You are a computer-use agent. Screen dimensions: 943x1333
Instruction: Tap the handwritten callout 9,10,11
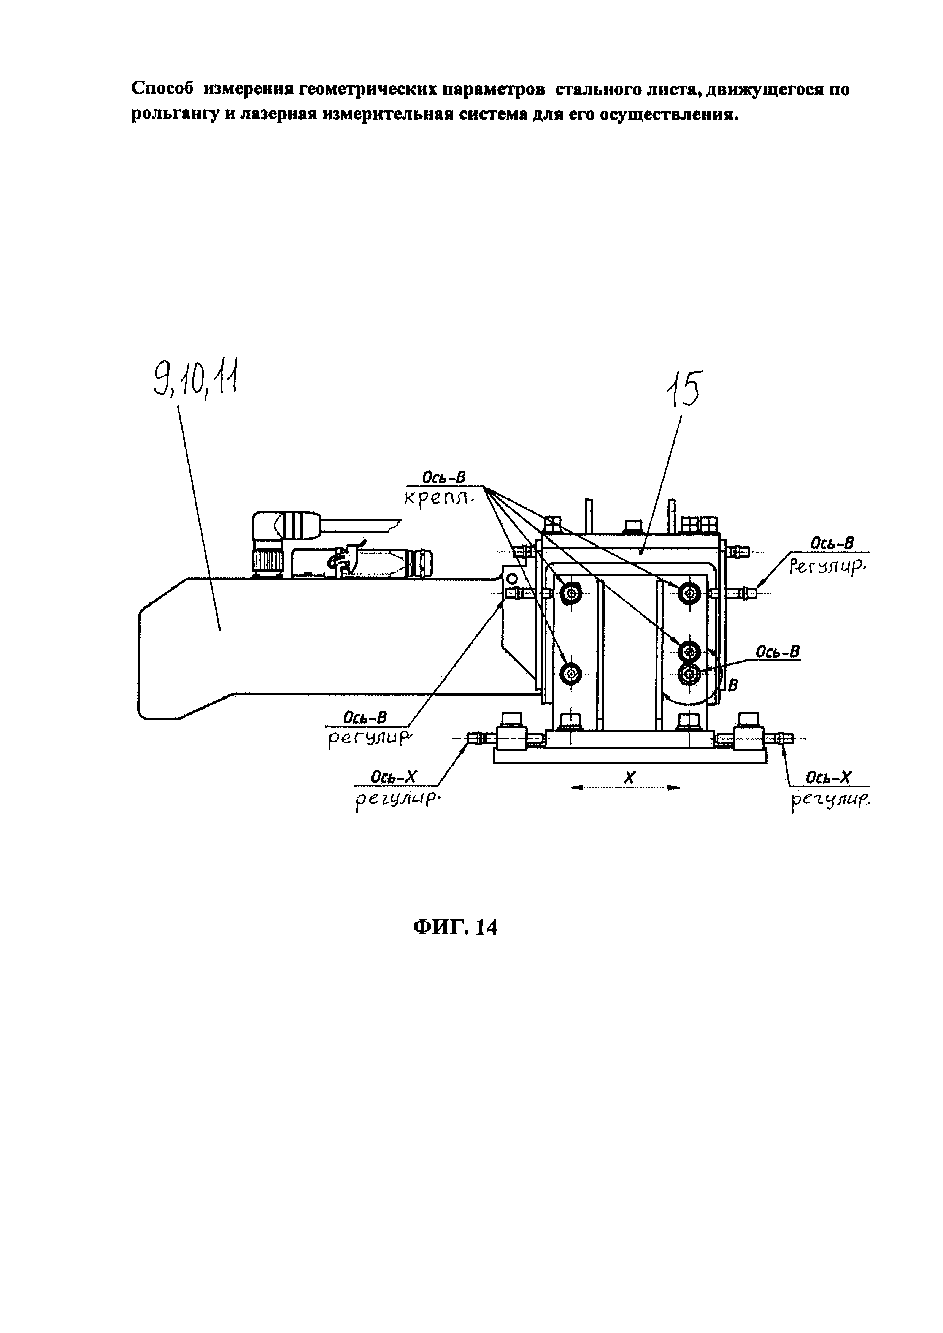point(195,379)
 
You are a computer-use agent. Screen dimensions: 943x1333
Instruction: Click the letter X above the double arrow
point(629,777)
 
